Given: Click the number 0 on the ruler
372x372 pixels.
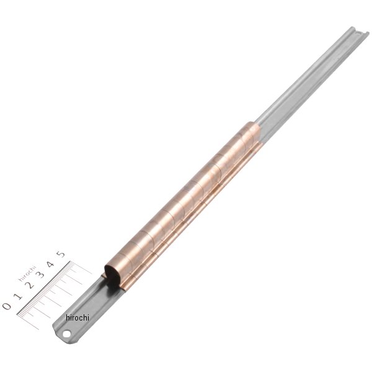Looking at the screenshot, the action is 7,306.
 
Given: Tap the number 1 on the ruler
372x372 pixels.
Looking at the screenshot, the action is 18,296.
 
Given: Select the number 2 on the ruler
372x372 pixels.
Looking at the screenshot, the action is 30,285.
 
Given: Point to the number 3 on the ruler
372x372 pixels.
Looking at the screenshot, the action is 41,275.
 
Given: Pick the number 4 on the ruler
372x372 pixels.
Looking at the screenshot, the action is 50,264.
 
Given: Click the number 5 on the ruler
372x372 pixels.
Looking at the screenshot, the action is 61,254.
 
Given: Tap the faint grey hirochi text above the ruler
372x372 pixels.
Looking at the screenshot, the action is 27,274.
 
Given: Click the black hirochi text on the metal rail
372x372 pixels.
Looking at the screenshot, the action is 77,317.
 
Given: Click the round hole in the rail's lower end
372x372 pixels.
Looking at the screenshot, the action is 66,334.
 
